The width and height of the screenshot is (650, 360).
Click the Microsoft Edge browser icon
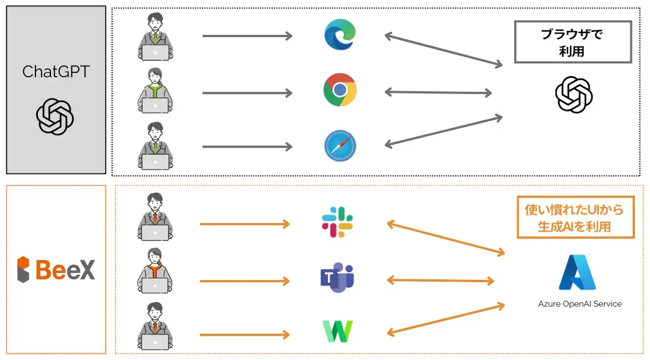point(340,34)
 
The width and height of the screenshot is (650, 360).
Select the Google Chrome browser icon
point(340,90)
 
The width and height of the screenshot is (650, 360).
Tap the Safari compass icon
point(340,146)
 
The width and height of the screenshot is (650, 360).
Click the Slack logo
point(338,222)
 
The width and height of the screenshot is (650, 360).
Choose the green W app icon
point(338,331)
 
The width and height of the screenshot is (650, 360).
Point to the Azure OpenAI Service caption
point(580,304)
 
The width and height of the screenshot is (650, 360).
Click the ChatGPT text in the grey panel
point(56,71)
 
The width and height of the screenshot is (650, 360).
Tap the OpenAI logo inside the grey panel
point(55,116)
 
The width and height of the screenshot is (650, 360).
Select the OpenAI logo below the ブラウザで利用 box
point(573,95)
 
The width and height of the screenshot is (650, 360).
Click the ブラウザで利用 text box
point(572,42)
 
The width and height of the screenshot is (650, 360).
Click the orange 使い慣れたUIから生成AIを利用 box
point(575,217)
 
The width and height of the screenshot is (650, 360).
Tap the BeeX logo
point(56,269)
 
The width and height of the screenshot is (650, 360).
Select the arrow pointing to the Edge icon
point(247,36)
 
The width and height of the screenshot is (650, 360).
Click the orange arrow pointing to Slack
point(244,224)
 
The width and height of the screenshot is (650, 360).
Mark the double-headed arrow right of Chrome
point(438,92)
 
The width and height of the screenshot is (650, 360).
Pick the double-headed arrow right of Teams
point(440,280)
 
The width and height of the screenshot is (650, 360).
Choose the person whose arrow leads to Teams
point(155,272)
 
